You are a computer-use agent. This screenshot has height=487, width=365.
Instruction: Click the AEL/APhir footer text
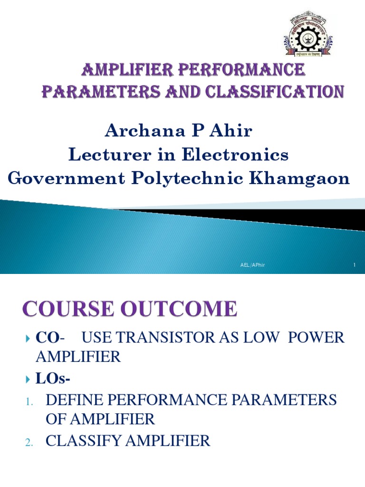252,265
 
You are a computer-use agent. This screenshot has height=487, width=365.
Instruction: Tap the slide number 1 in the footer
354,265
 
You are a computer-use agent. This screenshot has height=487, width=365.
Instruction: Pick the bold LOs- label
49,379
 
